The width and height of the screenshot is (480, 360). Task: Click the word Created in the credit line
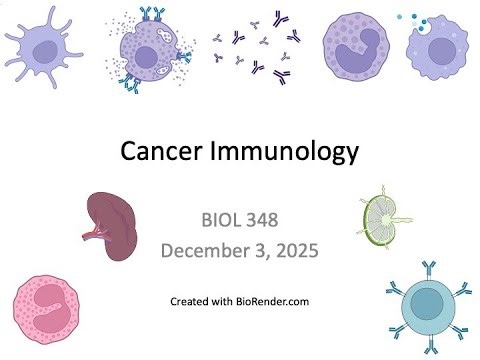point(189,300)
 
